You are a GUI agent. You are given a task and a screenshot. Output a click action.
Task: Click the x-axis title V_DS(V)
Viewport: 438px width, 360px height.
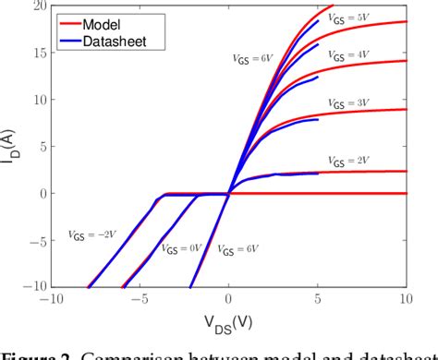point(229,323)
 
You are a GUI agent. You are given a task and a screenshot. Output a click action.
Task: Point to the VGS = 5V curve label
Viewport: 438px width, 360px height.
point(348,15)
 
